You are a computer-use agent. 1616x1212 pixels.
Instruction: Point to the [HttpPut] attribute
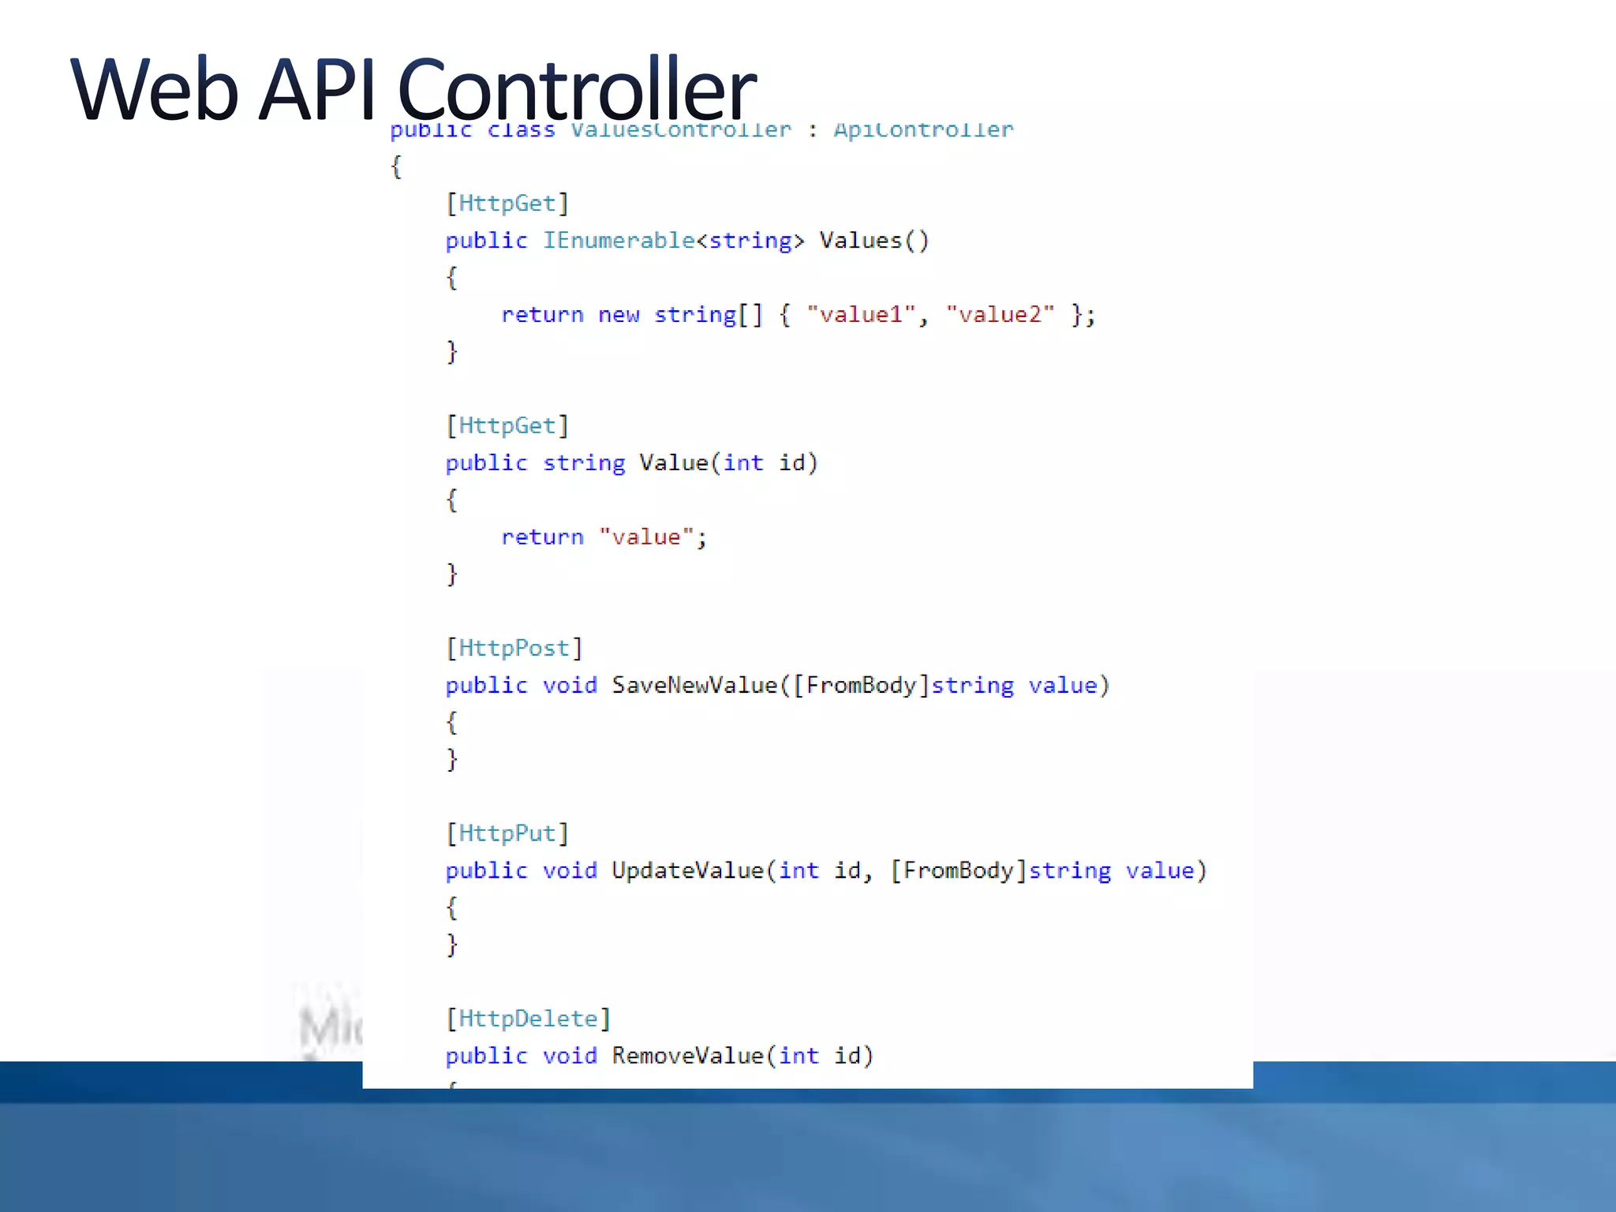click(x=507, y=834)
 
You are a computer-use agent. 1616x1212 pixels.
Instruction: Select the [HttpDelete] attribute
click(x=528, y=1019)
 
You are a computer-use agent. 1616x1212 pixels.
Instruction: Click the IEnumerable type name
click(x=619, y=241)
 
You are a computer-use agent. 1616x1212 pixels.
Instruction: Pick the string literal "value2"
click(x=1000, y=315)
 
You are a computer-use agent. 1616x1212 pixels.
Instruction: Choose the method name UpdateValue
click(x=687, y=870)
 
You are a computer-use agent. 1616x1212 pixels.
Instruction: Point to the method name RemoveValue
click(x=687, y=1056)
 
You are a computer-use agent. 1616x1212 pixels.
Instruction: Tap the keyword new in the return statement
click(x=618, y=315)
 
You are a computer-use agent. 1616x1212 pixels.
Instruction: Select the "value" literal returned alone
click(x=646, y=537)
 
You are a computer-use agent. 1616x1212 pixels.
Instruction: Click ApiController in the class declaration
click(x=923, y=130)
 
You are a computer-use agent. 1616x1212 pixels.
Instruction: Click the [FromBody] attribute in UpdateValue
click(x=958, y=870)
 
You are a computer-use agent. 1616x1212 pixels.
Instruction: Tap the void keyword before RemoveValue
click(x=570, y=1056)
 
